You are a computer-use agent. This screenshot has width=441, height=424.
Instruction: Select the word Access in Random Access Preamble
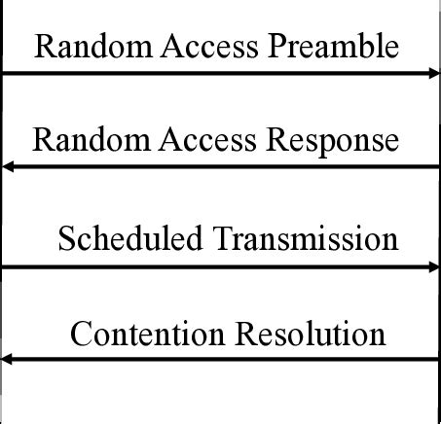coord(202,46)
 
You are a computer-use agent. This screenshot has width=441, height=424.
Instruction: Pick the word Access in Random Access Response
coord(202,140)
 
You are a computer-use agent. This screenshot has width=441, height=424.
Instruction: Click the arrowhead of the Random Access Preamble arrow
coord(434,73)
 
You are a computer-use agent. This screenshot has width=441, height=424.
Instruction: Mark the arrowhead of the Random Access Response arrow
coord(7,167)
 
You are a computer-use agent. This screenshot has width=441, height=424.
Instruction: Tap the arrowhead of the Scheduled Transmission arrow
coord(434,265)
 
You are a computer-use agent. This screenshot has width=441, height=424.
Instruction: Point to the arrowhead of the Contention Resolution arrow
coord(7,360)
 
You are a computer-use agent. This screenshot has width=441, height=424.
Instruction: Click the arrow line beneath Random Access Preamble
coord(220,73)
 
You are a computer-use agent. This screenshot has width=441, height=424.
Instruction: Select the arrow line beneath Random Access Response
coord(220,167)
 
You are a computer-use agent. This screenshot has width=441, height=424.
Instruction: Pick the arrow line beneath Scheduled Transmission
coord(220,265)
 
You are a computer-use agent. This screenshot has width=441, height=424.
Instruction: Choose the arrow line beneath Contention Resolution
coord(220,360)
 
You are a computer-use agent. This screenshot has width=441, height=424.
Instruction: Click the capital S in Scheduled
coord(65,238)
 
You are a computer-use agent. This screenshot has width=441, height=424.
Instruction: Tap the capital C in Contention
coord(81,334)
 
